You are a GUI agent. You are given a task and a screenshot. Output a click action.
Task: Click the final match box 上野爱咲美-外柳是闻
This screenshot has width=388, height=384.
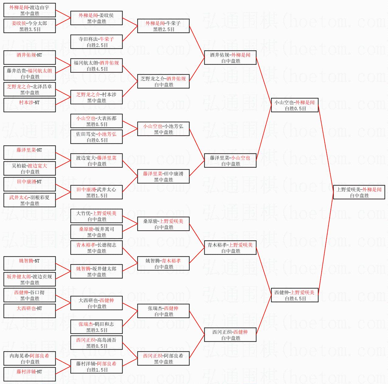(x=359, y=192)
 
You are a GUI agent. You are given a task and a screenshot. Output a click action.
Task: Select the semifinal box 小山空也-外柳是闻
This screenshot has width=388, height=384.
(x=295, y=105)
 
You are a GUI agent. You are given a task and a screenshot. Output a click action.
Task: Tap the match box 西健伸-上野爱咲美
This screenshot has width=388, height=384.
(x=295, y=295)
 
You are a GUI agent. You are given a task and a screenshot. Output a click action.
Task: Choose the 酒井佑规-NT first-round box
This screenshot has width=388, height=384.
(x=29, y=58)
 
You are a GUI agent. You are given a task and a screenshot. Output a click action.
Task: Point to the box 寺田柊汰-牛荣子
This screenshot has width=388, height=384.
(x=96, y=42)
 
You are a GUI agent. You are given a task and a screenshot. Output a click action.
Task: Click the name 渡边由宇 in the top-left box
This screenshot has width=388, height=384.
(x=40, y=8)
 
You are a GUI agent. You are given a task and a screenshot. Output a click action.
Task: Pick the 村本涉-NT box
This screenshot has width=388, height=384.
(x=29, y=105)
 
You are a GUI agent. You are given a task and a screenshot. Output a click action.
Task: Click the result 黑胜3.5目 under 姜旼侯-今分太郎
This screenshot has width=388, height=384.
(x=30, y=30)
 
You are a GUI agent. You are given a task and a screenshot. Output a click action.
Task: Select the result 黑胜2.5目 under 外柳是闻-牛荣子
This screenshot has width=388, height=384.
(x=164, y=30)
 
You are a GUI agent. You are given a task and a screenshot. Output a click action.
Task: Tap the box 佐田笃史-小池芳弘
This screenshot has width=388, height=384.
(x=96, y=137)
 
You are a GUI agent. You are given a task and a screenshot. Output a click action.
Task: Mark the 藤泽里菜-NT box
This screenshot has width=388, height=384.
(x=29, y=153)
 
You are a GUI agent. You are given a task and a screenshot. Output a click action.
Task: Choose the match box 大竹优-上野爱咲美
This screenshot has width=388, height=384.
(x=96, y=216)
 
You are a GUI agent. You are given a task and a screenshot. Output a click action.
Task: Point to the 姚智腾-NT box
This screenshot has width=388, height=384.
(x=29, y=263)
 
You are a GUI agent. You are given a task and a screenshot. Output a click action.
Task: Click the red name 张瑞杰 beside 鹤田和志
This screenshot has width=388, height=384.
(x=85, y=324)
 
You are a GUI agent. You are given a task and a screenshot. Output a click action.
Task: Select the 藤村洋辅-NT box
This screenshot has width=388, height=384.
(x=29, y=374)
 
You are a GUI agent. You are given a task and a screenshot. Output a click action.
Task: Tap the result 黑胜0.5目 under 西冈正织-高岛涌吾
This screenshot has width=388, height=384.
(x=97, y=346)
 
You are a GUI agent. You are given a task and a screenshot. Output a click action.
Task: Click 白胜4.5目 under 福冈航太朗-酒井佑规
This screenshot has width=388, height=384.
(x=97, y=69)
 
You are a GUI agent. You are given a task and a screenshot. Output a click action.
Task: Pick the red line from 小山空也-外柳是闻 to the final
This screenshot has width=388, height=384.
(x=326, y=149)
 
